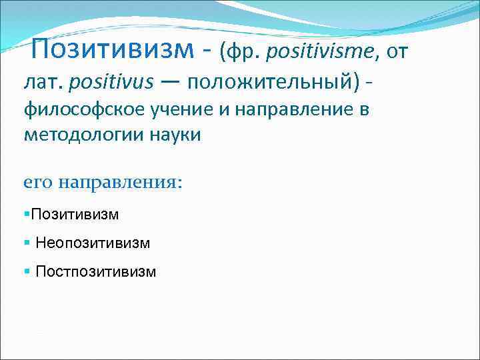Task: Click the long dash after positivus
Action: (x=169, y=81)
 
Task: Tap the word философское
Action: (x=75, y=109)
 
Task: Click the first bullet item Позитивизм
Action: (x=75, y=215)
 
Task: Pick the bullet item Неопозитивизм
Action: (x=93, y=243)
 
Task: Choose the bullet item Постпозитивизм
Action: (x=96, y=271)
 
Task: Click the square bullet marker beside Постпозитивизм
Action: (x=27, y=271)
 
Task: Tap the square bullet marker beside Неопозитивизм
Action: (x=27, y=243)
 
